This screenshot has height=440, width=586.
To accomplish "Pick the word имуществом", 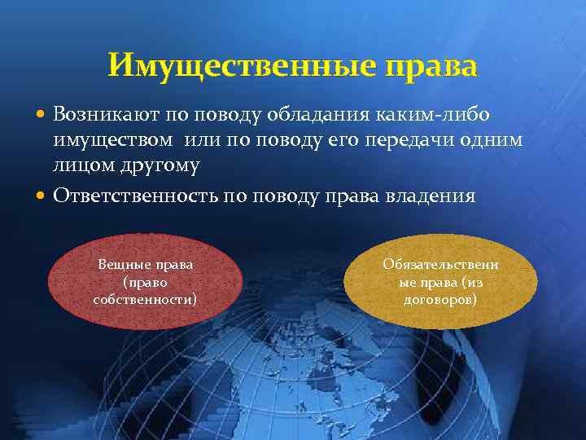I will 113,139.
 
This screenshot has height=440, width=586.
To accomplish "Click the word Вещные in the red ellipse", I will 123,265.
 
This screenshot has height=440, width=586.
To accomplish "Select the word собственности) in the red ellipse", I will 145,299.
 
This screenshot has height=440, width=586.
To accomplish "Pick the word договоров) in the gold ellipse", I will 440,299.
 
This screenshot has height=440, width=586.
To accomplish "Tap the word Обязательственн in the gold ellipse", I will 441,265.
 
